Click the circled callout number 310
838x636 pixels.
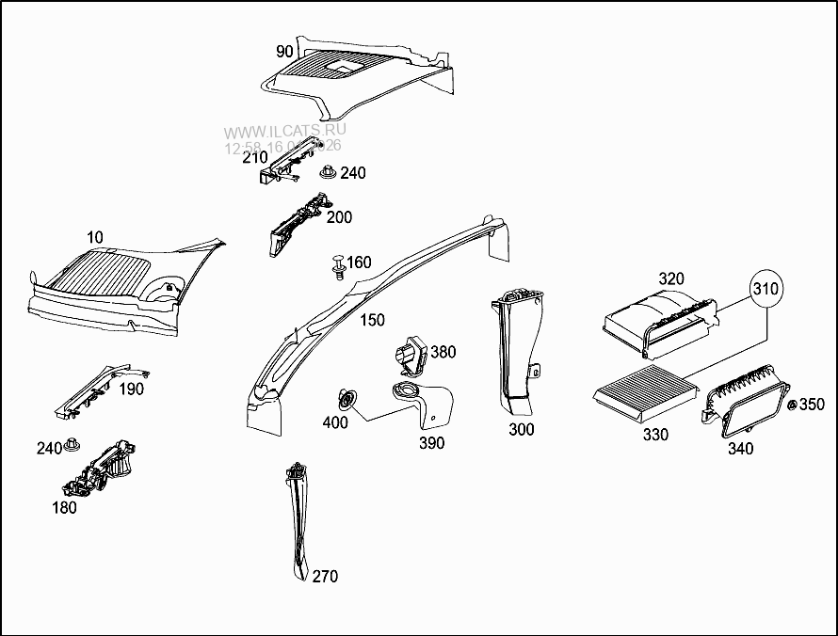point(765,291)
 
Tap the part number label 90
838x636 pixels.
point(284,51)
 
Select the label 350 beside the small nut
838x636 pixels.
point(812,405)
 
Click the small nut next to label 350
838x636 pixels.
point(792,405)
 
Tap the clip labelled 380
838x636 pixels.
point(411,355)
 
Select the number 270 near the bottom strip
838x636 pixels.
point(325,576)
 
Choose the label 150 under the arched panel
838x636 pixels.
point(372,321)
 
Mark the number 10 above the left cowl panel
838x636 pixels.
point(95,237)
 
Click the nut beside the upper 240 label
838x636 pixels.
point(329,173)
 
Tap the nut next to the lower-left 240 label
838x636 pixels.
point(73,447)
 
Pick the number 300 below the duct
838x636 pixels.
point(521,430)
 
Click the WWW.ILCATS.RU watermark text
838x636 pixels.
point(284,131)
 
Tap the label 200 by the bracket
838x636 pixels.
point(339,217)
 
